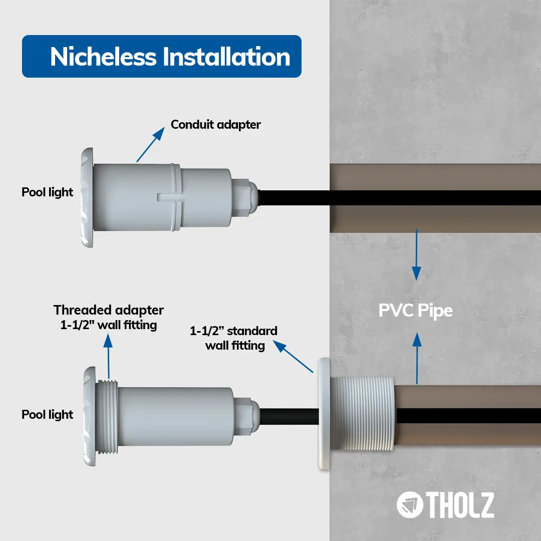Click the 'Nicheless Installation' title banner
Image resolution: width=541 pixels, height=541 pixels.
tap(161, 56)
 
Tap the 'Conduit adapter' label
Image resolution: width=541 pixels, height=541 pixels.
tap(215, 125)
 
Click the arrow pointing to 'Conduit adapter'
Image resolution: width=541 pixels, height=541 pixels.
tap(150, 145)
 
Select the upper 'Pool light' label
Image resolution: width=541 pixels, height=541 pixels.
tap(47, 192)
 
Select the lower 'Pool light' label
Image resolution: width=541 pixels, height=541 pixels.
tap(47, 414)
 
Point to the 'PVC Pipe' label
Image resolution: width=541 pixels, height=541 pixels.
tap(415, 311)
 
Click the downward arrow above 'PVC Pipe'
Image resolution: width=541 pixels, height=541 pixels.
tap(417, 254)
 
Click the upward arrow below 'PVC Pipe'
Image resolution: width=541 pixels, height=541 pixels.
tap(417, 358)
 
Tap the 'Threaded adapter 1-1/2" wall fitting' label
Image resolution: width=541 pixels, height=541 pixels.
tap(108, 318)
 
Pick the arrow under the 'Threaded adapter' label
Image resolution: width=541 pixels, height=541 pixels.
tap(108, 357)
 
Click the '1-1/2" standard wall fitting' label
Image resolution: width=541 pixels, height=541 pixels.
tap(234, 338)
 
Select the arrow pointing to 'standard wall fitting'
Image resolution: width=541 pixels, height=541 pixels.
tap(293, 357)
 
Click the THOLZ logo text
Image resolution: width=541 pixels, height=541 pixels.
tap(460, 505)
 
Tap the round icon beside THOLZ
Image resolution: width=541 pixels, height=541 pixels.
tap(410, 505)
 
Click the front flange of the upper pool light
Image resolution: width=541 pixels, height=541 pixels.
tap(87, 197)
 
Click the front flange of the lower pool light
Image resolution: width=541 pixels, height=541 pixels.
tap(89, 416)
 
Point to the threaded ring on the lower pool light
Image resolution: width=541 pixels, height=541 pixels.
tap(107, 417)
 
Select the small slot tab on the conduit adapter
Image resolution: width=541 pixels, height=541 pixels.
tap(169, 197)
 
